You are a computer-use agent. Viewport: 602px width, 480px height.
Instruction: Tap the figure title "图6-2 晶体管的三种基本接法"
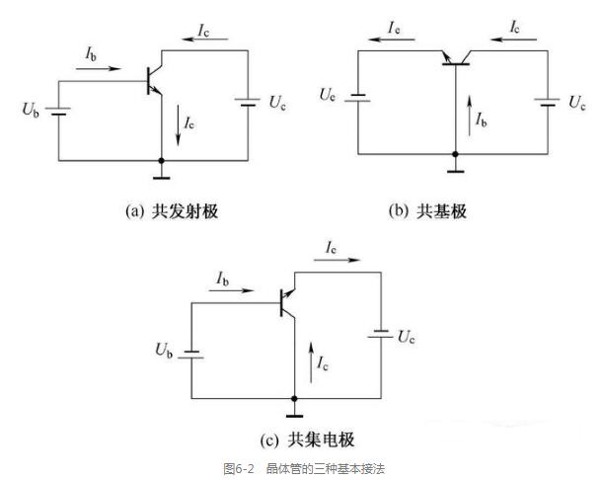click(x=300, y=466)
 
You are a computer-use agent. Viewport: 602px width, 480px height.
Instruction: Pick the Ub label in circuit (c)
click(x=163, y=350)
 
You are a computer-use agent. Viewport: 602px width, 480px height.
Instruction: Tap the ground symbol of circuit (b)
click(x=455, y=165)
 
